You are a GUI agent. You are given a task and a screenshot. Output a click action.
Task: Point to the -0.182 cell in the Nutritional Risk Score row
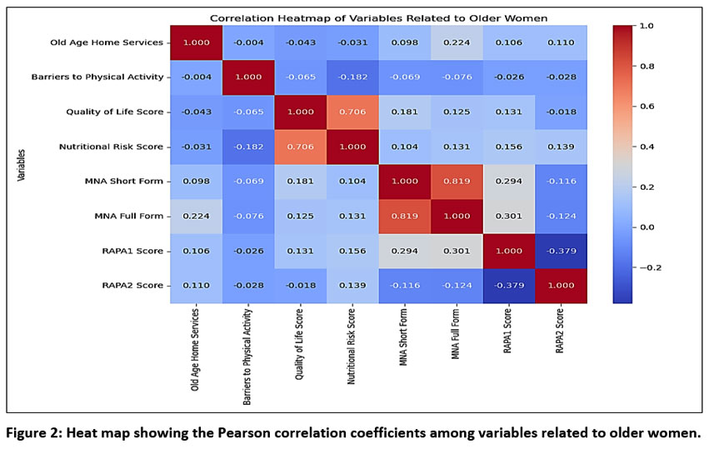coord(247,147)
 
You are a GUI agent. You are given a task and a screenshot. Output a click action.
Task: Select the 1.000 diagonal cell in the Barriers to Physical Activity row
coord(247,77)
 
